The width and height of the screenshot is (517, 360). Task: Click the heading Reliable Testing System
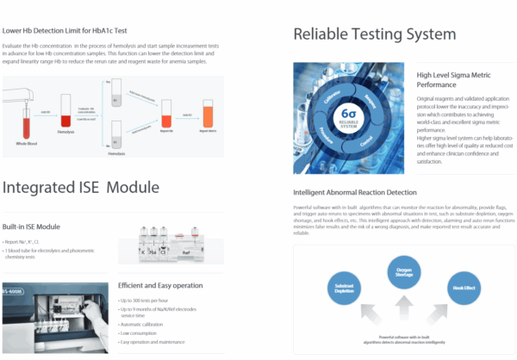(374, 34)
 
